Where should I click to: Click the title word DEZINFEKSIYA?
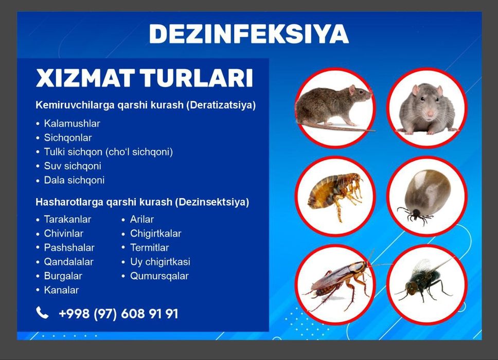249,33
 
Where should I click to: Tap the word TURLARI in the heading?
197,78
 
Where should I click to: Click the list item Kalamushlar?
72,123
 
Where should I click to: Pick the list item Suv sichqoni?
73,166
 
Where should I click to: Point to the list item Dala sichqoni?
74,180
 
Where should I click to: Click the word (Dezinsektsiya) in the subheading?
212,202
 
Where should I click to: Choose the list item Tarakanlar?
67,219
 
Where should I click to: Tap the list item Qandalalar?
68,262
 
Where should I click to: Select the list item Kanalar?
61,290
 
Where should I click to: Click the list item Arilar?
142,219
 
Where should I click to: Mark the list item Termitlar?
150,247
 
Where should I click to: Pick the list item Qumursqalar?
159,276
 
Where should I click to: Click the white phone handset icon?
42,313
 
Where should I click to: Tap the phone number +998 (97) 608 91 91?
118,314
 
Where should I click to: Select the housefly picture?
424,279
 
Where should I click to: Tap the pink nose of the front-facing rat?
430,113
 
